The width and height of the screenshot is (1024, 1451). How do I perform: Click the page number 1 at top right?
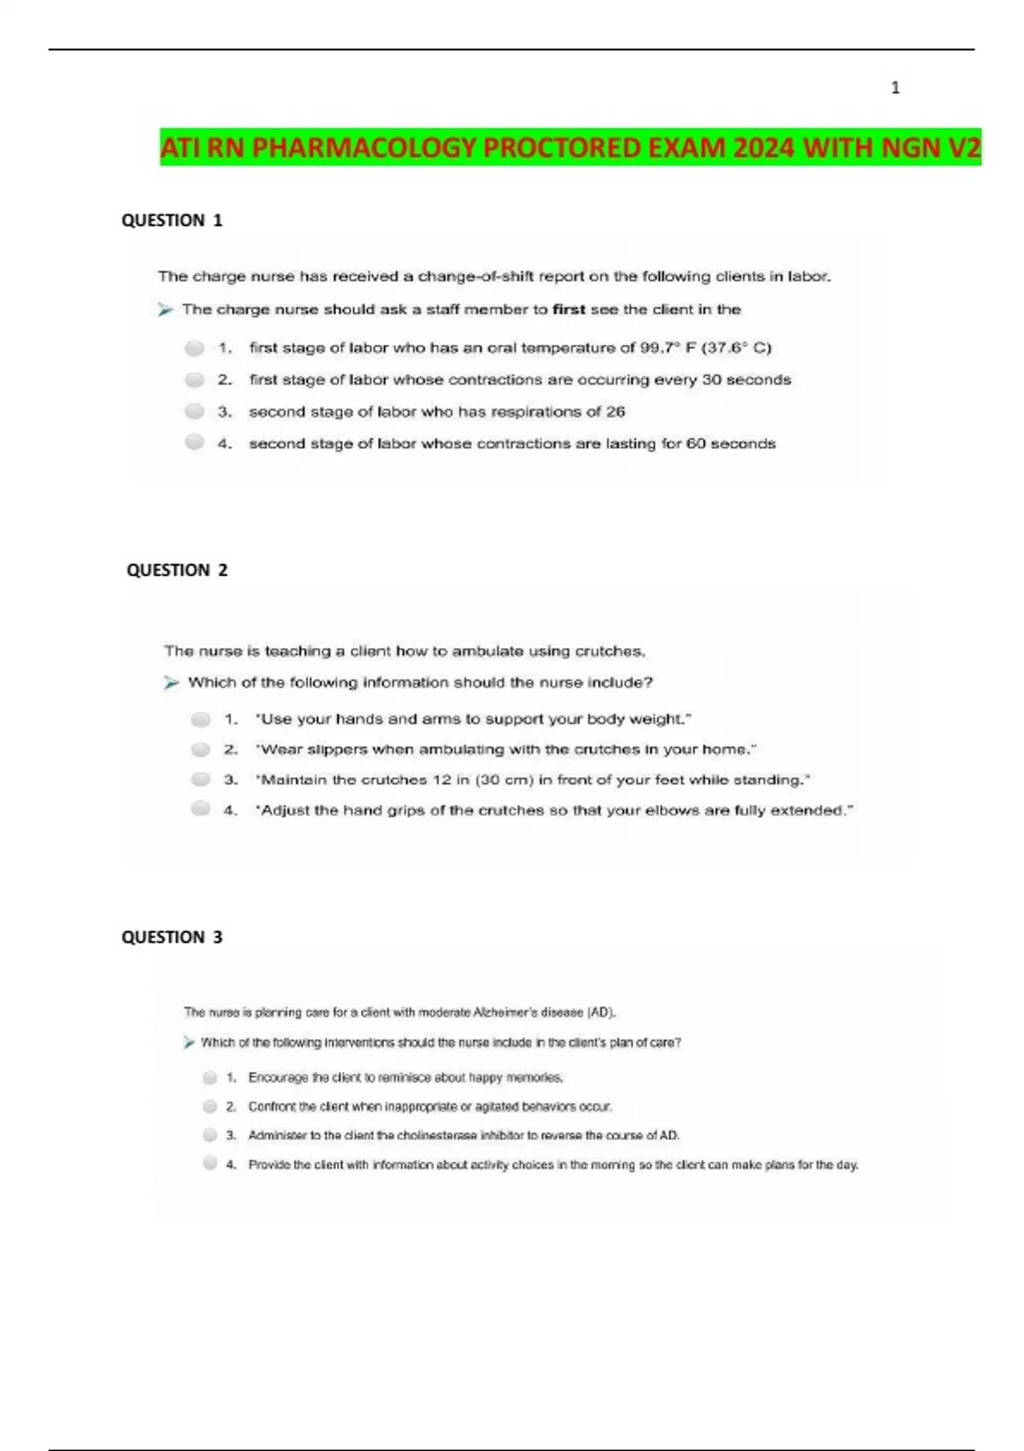pos(895,88)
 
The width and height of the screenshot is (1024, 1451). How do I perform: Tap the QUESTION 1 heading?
pos(172,220)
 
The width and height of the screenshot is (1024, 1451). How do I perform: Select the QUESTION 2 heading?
pos(177,570)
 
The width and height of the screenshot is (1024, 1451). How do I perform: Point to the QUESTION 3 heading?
pos(172,937)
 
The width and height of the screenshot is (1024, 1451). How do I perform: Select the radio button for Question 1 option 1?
pos(195,348)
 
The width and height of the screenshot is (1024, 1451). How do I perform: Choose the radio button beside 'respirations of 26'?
pos(195,412)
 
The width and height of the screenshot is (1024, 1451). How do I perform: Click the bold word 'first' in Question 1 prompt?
pos(568,310)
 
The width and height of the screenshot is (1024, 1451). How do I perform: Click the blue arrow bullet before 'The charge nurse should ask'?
pos(166,310)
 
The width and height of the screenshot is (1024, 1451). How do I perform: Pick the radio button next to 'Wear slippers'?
pos(201,750)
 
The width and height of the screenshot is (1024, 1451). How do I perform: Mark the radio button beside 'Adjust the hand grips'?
pos(201,809)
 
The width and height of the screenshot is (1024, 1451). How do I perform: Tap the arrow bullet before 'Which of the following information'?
pos(172,683)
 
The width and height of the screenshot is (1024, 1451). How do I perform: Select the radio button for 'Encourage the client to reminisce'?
pos(210,1078)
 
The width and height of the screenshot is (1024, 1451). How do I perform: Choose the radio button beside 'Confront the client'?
pos(210,1107)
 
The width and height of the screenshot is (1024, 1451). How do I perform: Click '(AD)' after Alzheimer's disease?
pos(601,1013)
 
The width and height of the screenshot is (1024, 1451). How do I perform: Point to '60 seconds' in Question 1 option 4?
pos(730,444)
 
